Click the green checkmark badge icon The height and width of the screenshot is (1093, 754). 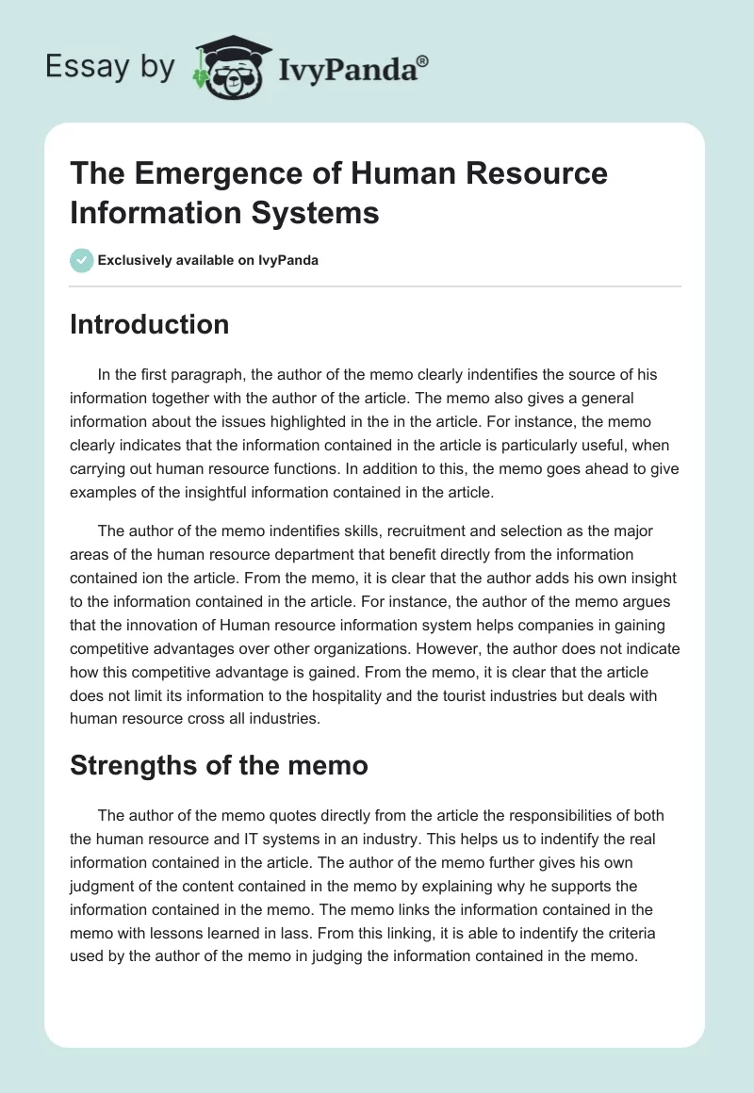click(x=82, y=260)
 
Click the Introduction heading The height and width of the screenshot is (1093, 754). click(x=150, y=324)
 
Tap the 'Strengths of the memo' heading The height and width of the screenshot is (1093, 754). click(x=219, y=765)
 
